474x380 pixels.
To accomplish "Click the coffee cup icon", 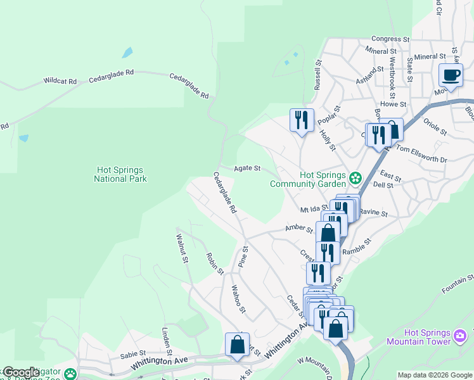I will coord(451,75).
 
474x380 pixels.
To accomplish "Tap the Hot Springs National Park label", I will coord(120,174).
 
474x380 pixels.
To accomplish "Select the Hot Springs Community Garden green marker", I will coord(355,177).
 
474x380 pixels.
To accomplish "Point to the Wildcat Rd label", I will coord(60,81).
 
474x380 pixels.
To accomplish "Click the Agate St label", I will coord(247,168).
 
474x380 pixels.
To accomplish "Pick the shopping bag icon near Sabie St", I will coord(237,345).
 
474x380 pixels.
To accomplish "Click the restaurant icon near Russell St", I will coord(301,119).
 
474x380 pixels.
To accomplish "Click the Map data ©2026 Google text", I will coord(435,375).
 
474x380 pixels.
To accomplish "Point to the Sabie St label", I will coord(133,355).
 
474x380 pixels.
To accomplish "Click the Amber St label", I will coord(300,228).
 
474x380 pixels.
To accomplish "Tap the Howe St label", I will coord(393,104).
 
